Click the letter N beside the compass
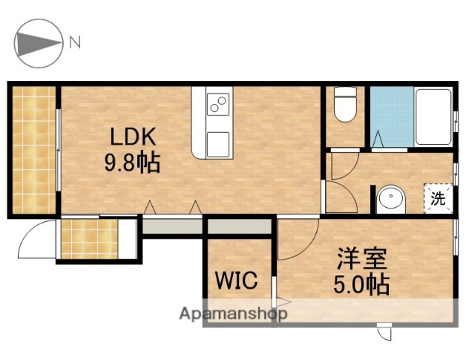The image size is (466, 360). point(75,42)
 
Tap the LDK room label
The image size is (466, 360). point(132,136)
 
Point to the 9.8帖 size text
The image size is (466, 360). point(132,163)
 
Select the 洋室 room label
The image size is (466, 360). point(361,260)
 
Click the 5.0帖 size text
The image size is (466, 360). point(361,285)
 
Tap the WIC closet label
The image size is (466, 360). point(237,281)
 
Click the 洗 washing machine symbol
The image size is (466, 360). point(438,199)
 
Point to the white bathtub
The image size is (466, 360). point(432,115)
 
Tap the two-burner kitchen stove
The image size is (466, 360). point(218,104)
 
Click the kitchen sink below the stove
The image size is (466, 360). point(218,141)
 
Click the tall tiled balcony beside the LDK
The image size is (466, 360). point(34,150)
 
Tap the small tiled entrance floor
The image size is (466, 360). point(88,238)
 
